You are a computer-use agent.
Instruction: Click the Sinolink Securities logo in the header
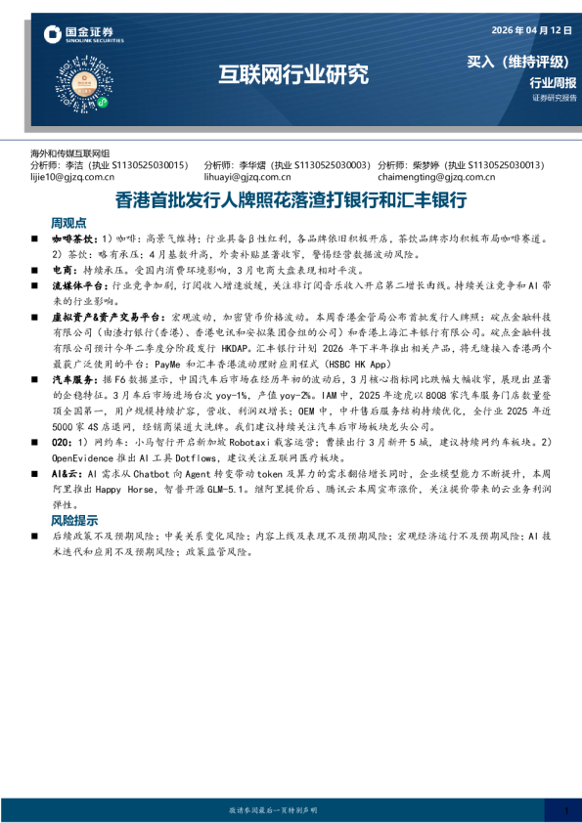pyautogui.click(x=83, y=36)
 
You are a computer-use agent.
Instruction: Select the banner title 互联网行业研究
pyautogui.click(x=292, y=73)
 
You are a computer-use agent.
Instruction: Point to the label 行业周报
pyautogui.click(x=553, y=82)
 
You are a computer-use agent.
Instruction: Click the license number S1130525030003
pyautogui.click(x=331, y=165)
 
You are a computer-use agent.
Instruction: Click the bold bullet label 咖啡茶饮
pyautogui.click(x=73, y=238)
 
